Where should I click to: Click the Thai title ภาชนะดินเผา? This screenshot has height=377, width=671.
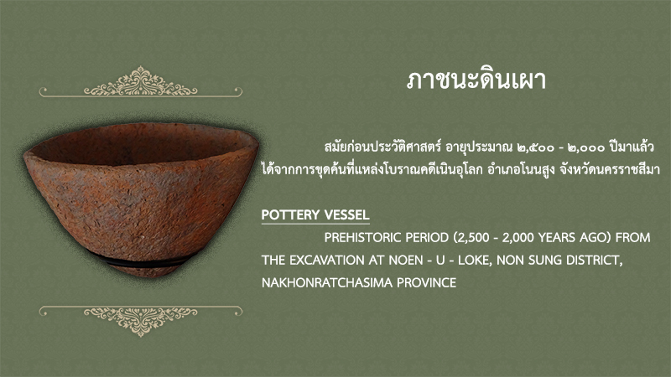476,80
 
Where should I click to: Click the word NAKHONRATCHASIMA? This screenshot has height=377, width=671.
327,283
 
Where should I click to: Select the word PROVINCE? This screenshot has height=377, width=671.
427,283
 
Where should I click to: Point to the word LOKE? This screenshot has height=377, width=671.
475,261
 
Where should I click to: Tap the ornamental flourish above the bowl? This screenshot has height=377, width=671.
140,81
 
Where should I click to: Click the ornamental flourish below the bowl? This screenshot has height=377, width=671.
140,321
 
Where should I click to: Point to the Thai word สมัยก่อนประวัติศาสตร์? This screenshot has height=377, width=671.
382,147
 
